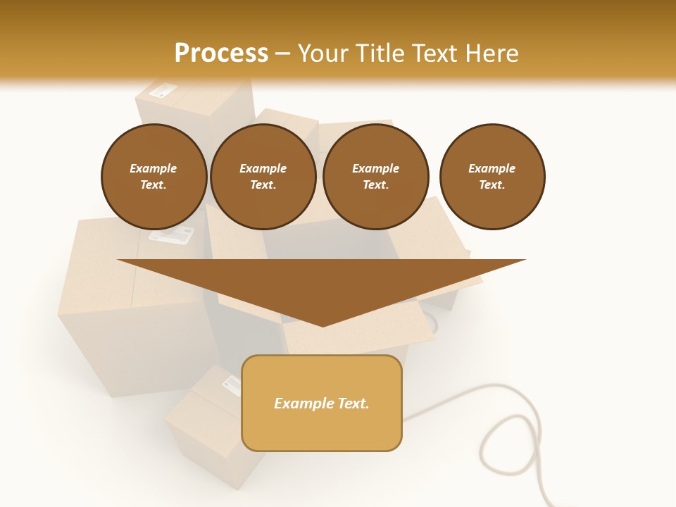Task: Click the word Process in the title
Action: tap(221, 53)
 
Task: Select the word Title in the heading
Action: tap(378, 53)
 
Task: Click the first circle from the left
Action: tap(154, 177)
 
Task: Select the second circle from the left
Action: tap(263, 177)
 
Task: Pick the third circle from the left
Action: tap(375, 177)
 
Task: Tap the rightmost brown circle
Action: tap(492, 177)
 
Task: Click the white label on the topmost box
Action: tap(163, 90)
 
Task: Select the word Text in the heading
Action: tap(434, 53)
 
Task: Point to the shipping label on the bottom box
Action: tap(231, 384)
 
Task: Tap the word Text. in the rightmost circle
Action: tap(492, 185)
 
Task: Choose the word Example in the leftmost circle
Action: tap(154, 168)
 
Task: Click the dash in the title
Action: tap(283, 54)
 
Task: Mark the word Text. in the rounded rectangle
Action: tap(353, 403)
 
